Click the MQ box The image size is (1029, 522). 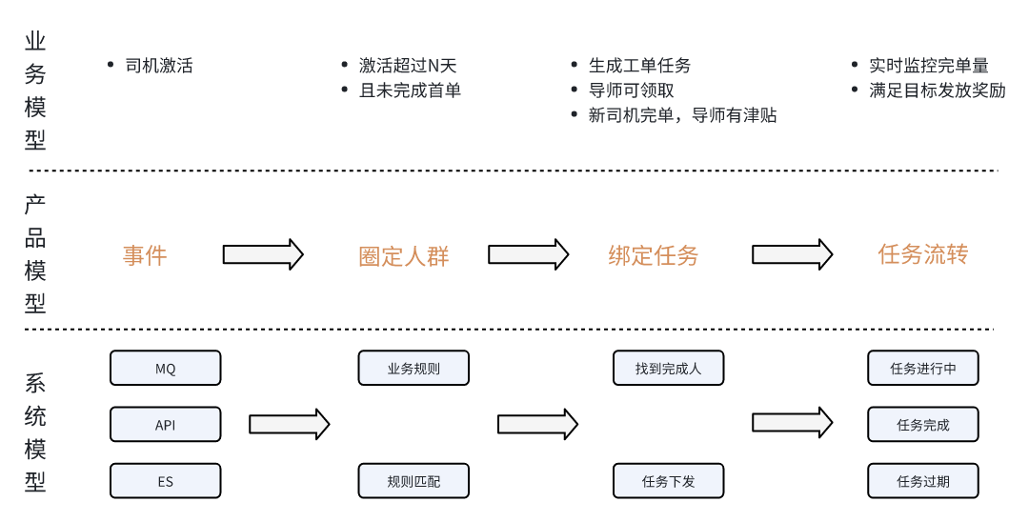pyautogui.click(x=166, y=368)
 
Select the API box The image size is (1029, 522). pyautogui.click(x=166, y=425)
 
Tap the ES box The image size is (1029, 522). pyautogui.click(x=166, y=481)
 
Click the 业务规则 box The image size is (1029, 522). pyautogui.click(x=414, y=368)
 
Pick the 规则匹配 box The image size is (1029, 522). pyautogui.click(x=414, y=481)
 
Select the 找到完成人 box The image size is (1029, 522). pyautogui.click(x=668, y=368)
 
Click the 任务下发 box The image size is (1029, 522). pyautogui.click(x=668, y=481)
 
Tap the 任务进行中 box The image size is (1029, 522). pyautogui.click(x=922, y=368)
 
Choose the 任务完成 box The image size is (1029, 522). pyautogui.click(x=922, y=425)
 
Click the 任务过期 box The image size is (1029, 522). pyautogui.click(x=922, y=481)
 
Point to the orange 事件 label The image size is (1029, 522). pyautogui.click(x=145, y=255)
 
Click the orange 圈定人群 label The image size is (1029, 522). pyautogui.click(x=403, y=256)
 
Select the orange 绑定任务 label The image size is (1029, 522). pyautogui.click(x=653, y=255)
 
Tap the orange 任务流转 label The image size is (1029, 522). pyautogui.click(x=922, y=254)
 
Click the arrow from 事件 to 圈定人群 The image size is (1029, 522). pyautogui.click(x=263, y=254)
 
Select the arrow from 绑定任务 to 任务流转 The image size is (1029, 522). pyautogui.click(x=793, y=254)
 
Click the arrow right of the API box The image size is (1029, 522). pyautogui.click(x=289, y=424)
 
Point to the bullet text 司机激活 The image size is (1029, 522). pyautogui.click(x=159, y=66)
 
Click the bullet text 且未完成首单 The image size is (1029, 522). pyautogui.click(x=410, y=90)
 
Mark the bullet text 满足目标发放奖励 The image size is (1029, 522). pyautogui.click(x=937, y=90)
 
